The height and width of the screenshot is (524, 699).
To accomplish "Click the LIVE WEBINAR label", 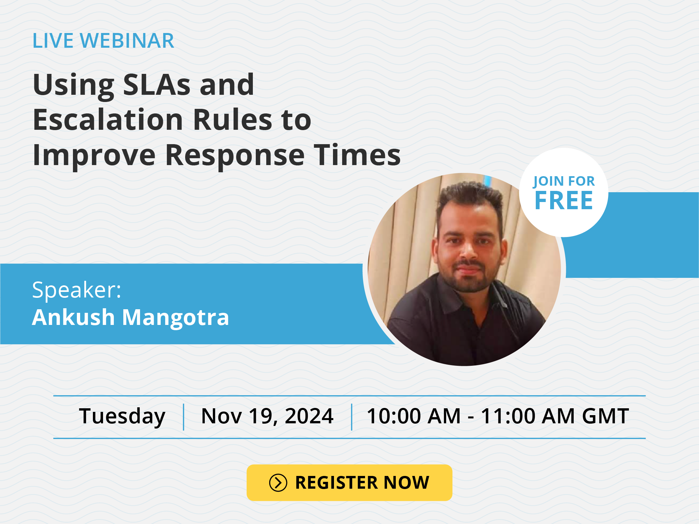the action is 103,41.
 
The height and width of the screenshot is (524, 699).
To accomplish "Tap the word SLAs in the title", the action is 157,85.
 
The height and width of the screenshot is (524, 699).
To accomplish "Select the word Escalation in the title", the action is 108,120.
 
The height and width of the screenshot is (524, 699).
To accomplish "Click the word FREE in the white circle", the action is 564,200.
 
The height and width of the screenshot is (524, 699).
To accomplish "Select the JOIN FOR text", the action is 564,181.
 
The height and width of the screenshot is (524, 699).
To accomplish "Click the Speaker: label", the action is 77,290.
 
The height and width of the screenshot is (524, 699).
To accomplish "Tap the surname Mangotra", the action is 176,318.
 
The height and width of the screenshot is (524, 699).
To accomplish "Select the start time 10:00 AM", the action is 413,416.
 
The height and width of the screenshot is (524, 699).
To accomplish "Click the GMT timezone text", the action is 605,416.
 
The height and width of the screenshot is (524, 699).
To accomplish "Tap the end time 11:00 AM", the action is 528,416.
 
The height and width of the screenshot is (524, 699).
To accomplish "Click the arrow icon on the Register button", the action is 278,483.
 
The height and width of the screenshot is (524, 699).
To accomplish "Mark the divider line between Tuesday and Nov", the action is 183,417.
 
